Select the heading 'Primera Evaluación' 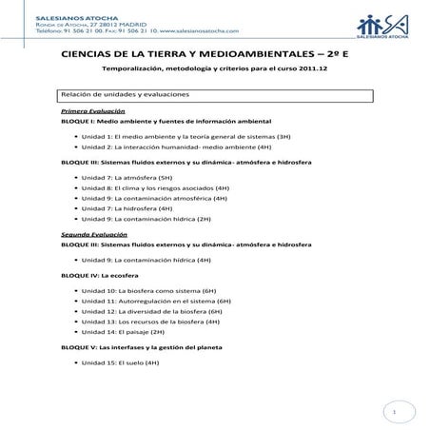point(87,111)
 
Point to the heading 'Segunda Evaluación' point(88,234)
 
